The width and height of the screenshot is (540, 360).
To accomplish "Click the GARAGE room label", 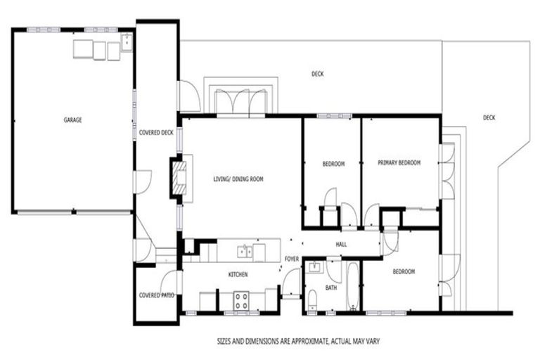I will coord(72,120).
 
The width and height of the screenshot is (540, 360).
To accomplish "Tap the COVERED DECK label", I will coord(155,132).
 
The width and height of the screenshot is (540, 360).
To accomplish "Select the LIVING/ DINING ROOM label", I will coord(238,180).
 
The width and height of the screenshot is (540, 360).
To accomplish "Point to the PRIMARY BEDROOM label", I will coord(399,163).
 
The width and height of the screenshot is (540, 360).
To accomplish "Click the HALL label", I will coord(341,244).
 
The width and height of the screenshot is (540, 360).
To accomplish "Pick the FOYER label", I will coord(292,259).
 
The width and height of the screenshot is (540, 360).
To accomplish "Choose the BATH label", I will coord(330,287).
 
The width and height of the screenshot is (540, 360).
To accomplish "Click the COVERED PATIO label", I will coord(156,295).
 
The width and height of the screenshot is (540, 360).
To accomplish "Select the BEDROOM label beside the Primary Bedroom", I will coord(333,165).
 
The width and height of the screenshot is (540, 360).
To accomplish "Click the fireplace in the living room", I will coord(177,180).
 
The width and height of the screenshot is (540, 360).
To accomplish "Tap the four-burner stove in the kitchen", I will coord(241,300).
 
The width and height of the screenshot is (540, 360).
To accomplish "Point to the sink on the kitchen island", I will coord(244,250).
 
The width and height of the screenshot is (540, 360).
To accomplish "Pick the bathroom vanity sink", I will coord(314,266).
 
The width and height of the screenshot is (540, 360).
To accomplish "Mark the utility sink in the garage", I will coord(126,43).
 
